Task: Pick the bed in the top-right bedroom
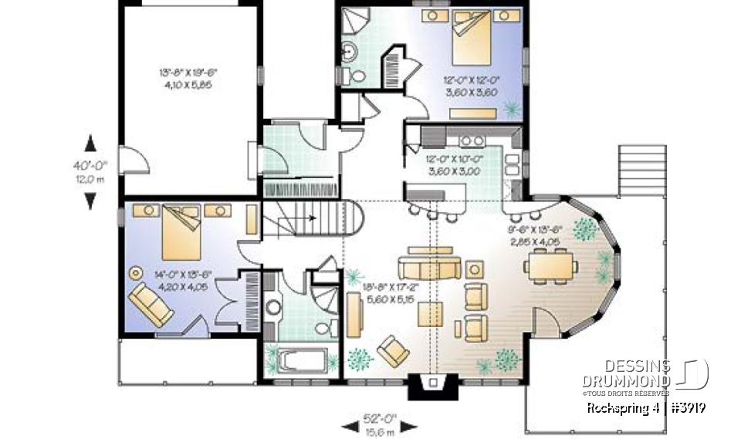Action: (472, 38)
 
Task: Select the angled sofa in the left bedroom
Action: (151, 305)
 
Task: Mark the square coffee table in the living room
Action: (431, 314)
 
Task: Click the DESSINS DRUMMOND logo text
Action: (626, 374)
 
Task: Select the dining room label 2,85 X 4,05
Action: (533, 241)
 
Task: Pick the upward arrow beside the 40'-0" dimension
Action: (90, 143)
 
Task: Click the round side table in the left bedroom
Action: (137, 272)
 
